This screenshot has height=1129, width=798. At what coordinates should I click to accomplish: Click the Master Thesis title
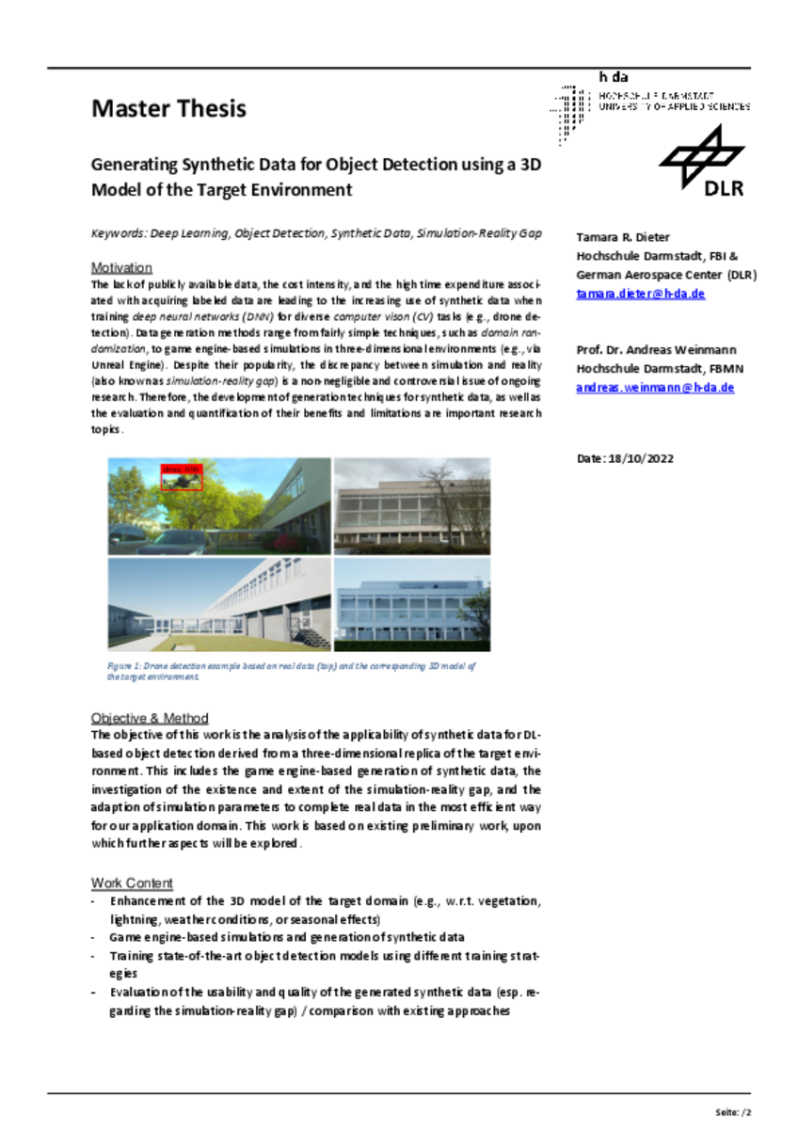168,108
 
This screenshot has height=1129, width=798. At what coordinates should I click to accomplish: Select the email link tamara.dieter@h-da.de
640,294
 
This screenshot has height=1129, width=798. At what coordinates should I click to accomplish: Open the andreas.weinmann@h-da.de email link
655,387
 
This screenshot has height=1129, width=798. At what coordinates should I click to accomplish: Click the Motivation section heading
121,267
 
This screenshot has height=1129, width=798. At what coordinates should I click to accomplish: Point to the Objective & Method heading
150,718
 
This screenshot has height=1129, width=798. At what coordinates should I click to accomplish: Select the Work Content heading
132,883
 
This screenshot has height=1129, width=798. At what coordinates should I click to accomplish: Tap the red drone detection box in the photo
182,477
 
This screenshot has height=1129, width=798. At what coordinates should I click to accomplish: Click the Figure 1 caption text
292,671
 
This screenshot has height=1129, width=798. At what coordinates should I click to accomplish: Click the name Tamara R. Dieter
623,237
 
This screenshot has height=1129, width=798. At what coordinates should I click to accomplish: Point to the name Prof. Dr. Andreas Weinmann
657,350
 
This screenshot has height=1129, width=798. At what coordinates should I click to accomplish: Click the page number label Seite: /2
733,1112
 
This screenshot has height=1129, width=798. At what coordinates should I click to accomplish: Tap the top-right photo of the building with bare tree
412,505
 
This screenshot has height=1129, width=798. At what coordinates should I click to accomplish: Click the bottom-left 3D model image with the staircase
218,604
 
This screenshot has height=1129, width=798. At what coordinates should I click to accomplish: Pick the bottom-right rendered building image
412,604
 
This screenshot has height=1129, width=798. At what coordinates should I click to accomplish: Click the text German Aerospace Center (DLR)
666,275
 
